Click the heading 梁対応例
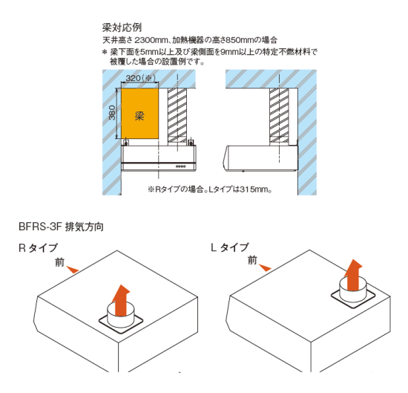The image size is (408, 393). (122, 27)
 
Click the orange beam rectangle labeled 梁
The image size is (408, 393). (140, 114)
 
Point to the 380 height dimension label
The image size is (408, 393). (112, 113)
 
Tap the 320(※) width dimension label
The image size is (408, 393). (140, 78)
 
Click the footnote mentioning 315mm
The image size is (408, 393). (210, 189)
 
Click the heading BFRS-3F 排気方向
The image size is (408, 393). (61, 227)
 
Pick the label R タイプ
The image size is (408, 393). (38, 248)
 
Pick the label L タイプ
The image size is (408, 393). (230, 247)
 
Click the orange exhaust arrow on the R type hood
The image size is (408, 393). (121, 299)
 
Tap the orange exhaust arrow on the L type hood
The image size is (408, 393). (353, 274)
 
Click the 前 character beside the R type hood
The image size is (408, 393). (59, 262)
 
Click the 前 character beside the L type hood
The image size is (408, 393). (252, 260)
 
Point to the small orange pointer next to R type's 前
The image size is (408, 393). (73, 270)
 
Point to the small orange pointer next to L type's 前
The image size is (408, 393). (265, 267)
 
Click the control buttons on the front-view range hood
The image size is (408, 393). (181, 166)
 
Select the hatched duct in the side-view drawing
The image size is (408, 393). (279, 115)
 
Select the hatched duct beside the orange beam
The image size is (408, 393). (177, 115)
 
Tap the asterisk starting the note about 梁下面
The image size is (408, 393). (105, 53)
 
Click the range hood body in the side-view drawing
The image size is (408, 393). (260, 158)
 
